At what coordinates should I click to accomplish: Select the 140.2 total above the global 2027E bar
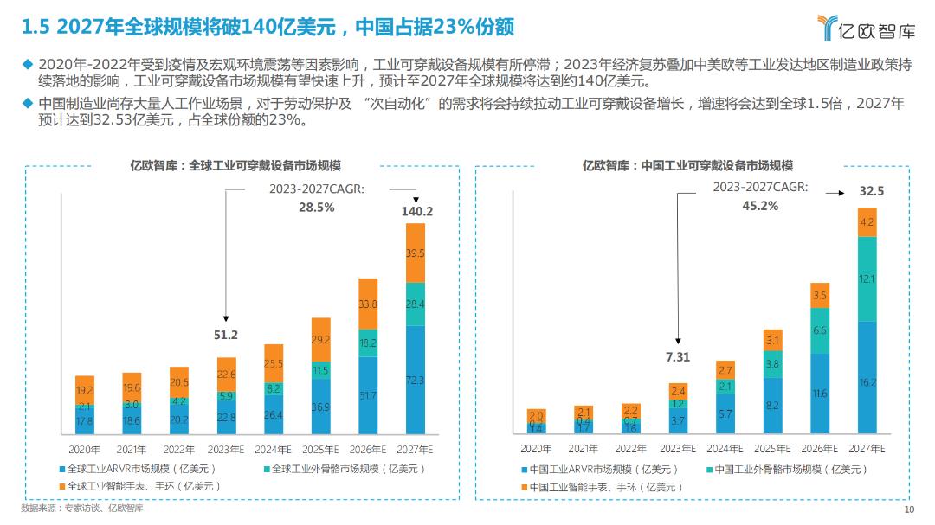coord(416,211)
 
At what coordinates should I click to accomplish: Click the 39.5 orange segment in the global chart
coord(416,253)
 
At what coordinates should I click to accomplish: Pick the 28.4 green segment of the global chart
coord(416,304)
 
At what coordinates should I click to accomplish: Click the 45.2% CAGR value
coord(760,206)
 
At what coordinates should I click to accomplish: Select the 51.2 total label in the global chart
coord(226,334)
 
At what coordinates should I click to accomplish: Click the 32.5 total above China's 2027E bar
coord(866,191)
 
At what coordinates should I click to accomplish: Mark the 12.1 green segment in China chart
coord(867,279)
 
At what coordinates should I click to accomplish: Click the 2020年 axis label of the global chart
coord(84,449)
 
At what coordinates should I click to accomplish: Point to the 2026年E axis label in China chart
coord(820,449)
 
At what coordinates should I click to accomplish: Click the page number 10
coord(907,509)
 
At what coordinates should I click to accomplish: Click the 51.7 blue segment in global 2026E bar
coord(368,395)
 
